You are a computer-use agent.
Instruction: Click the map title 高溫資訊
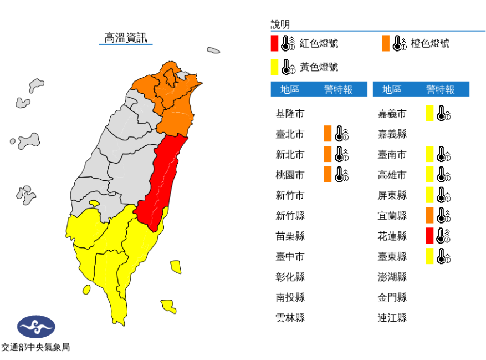point(126,38)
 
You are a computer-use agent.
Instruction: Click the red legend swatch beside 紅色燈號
point(274,43)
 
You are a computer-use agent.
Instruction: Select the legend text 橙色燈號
point(430,43)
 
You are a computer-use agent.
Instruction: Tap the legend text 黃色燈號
point(319,67)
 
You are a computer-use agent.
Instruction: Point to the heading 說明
point(280,24)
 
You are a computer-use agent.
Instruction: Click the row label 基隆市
point(290,114)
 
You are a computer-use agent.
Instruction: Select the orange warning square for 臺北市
point(328,134)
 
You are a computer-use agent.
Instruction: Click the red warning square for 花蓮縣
point(429,236)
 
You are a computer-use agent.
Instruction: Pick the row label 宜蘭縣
point(392,215)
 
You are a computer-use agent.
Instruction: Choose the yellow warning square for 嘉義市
point(429,114)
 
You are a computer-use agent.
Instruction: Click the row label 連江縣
point(392,317)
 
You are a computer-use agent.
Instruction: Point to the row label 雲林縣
point(290,317)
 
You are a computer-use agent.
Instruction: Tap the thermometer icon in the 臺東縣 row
point(444,256)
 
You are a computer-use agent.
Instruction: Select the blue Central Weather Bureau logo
point(36,327)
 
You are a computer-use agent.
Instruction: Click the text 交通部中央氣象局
point(35,348)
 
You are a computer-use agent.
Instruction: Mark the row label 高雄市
point(392,175)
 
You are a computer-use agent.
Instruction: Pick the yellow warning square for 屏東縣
point(429,195)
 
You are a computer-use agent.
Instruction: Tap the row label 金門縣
point(392,297)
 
